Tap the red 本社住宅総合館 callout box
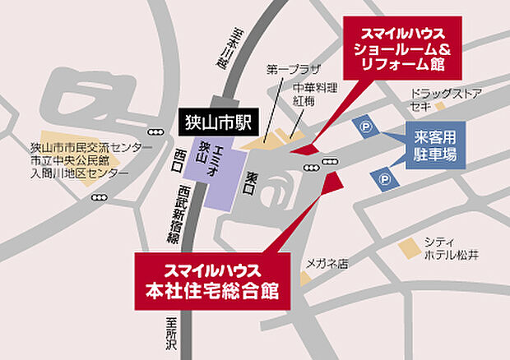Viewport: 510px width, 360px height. click(x=213, y=279)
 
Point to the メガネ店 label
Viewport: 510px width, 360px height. click(x=327, y=264)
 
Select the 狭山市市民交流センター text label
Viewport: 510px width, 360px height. click(x=90, y=148)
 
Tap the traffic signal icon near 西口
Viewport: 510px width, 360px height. click(x=154, y=132)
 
